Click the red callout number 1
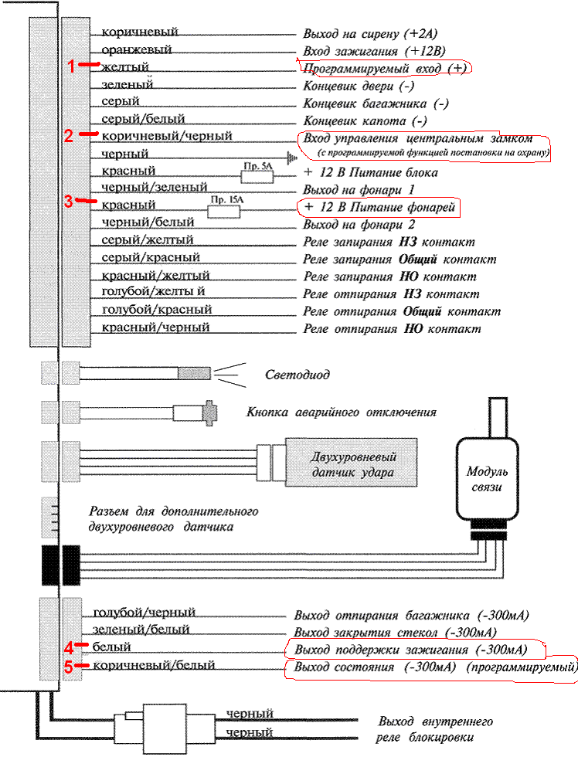coord(72,66)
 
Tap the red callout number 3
coord(69,202)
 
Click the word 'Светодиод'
coord(297,375)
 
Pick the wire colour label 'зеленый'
coord(127,84)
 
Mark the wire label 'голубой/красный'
coord(156,310)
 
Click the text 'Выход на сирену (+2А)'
coord(372,35)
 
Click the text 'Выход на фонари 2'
coord(356,225)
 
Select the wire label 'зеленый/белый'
coord(141,630)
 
